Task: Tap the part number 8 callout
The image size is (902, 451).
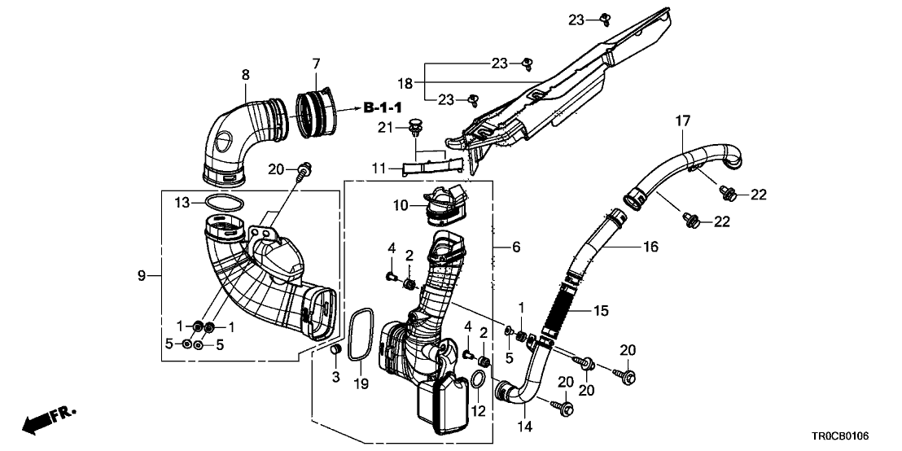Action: (x=245, y=75)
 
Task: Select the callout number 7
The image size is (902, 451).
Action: (x=316, y=63)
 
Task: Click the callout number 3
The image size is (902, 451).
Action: (x=333, y=377)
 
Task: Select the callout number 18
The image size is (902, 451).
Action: (x=406, y=82)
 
